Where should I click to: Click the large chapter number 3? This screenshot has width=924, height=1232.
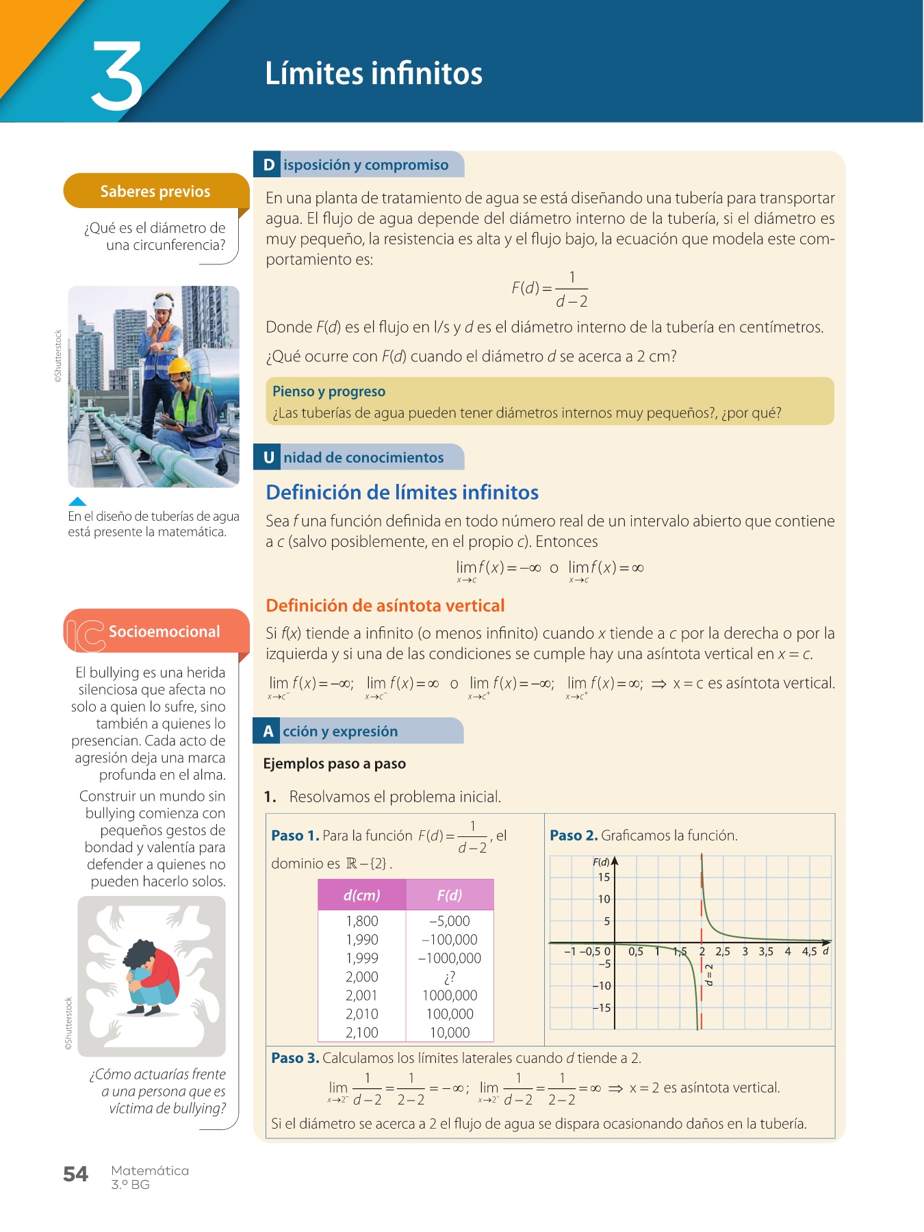117,75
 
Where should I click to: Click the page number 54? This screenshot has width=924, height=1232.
75,1174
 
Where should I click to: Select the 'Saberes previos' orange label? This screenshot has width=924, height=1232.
155,191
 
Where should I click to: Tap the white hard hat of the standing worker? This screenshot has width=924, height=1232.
164,302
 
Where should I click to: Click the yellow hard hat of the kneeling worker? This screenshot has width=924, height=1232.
180,366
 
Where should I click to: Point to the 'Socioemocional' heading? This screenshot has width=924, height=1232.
164,631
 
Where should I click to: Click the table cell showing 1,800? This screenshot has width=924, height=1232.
362,921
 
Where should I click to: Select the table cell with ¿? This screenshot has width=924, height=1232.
450,977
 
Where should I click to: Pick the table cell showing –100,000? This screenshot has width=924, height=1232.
450,940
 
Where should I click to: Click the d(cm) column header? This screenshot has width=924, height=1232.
362,895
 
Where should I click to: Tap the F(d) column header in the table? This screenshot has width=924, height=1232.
450,895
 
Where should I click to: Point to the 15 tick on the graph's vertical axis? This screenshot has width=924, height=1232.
604,877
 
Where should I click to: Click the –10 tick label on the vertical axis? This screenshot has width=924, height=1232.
602,986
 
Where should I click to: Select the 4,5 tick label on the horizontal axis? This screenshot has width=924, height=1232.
809,951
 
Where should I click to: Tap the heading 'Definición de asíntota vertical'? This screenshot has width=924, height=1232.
385,605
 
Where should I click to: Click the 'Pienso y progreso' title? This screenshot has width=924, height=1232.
329,392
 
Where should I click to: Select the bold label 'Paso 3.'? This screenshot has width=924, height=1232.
295,1057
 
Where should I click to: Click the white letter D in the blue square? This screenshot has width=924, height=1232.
269,165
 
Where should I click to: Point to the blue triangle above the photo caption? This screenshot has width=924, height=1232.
78,501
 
